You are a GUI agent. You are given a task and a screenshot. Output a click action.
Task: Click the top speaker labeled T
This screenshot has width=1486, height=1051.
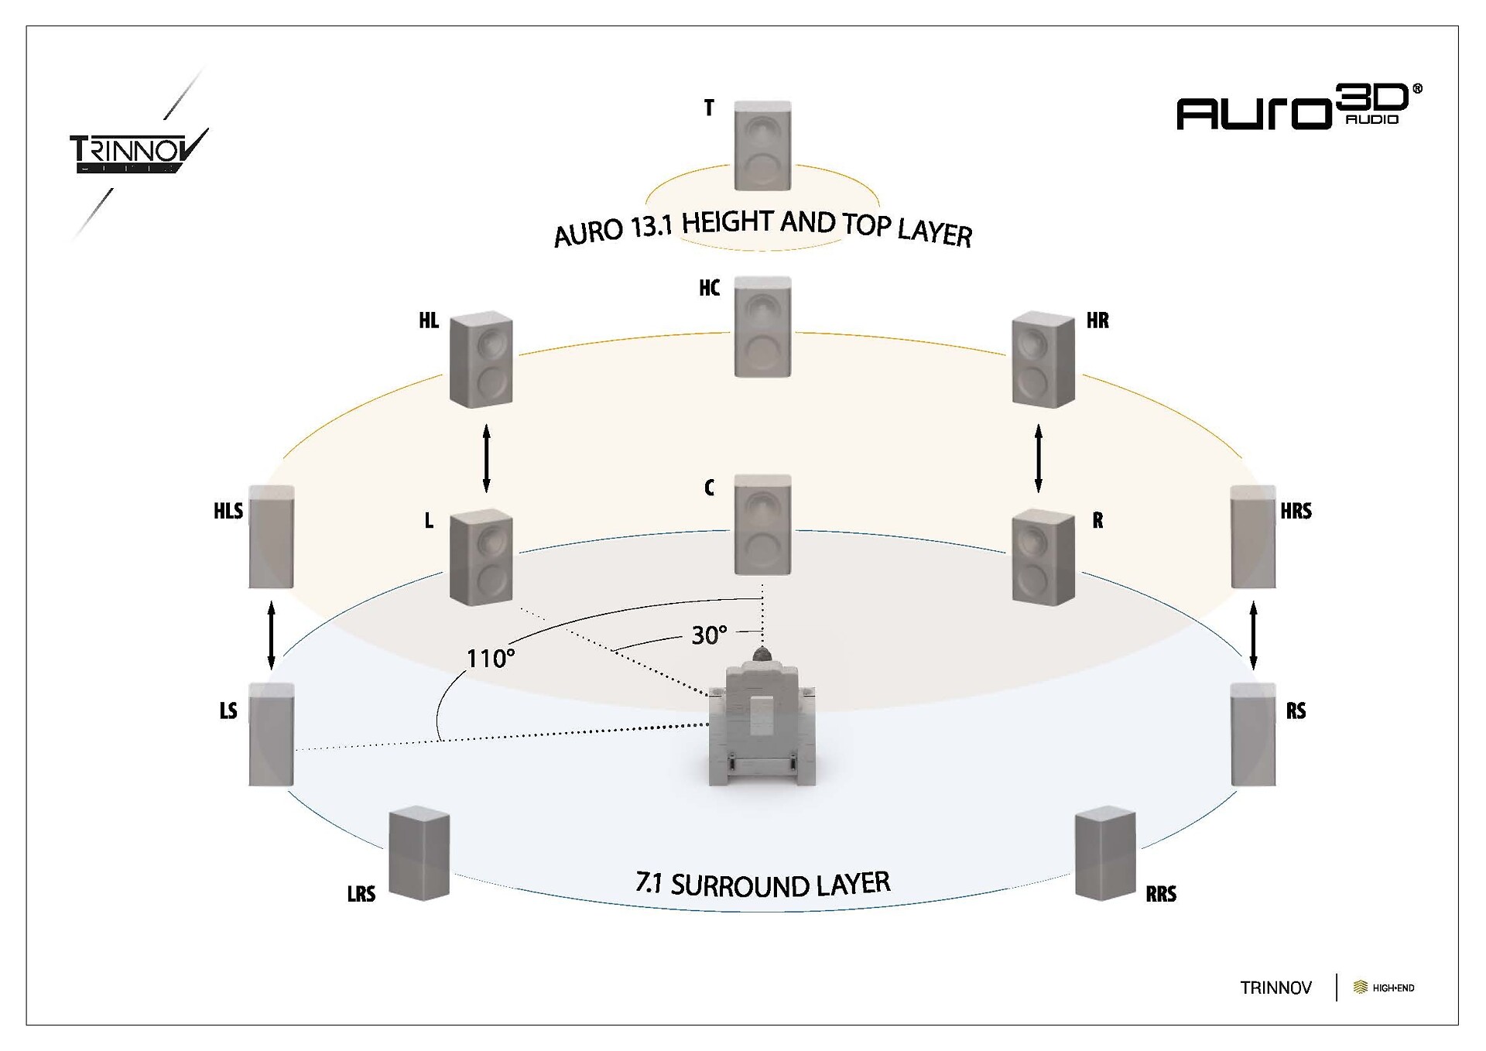click(x=762, y=145)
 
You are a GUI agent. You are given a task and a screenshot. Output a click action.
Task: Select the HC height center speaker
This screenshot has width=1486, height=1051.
click(x=762, y=327)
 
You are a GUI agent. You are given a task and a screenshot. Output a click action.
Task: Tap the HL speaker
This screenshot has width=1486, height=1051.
click(x=481, y=359)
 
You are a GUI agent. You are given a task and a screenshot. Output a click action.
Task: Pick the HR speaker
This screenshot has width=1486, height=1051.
click(x=1043, y=359)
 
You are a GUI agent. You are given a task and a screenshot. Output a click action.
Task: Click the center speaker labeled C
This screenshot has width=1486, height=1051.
click(x=762, y=525)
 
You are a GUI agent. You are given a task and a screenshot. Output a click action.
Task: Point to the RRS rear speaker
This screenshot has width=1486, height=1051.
click(x=1105, y=854)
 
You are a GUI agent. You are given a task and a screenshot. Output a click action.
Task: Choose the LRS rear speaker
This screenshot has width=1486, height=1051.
click(x=419, y=854)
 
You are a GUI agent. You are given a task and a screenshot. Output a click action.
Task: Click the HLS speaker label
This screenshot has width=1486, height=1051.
click(x=228, y=511)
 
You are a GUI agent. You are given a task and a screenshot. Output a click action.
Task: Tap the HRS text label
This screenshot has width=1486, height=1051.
click(x=1296, y=511)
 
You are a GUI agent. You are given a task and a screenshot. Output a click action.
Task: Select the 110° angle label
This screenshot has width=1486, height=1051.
click(x=490, y=659)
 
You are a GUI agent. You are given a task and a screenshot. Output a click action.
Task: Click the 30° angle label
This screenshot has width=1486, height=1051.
click(x=709, y=635)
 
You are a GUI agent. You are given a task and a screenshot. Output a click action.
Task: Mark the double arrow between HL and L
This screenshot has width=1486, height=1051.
click(x=486, y=458)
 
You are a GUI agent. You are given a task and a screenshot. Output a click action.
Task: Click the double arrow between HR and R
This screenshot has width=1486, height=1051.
click(x=1038, y=458)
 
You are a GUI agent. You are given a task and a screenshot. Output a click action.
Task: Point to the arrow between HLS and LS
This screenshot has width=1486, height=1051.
click(x=271, y=635)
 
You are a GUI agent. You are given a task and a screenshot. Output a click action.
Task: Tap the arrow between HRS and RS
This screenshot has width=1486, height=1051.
click(x=1253, y=635)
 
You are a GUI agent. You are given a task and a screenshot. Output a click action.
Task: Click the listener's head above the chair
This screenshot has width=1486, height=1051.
click(x=762, y=655)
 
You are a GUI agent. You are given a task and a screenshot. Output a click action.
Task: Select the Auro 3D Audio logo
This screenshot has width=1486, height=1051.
click(x=1299, y=108)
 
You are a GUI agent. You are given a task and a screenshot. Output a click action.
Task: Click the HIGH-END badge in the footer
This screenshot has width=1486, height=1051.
click(x=1384, y=988)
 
